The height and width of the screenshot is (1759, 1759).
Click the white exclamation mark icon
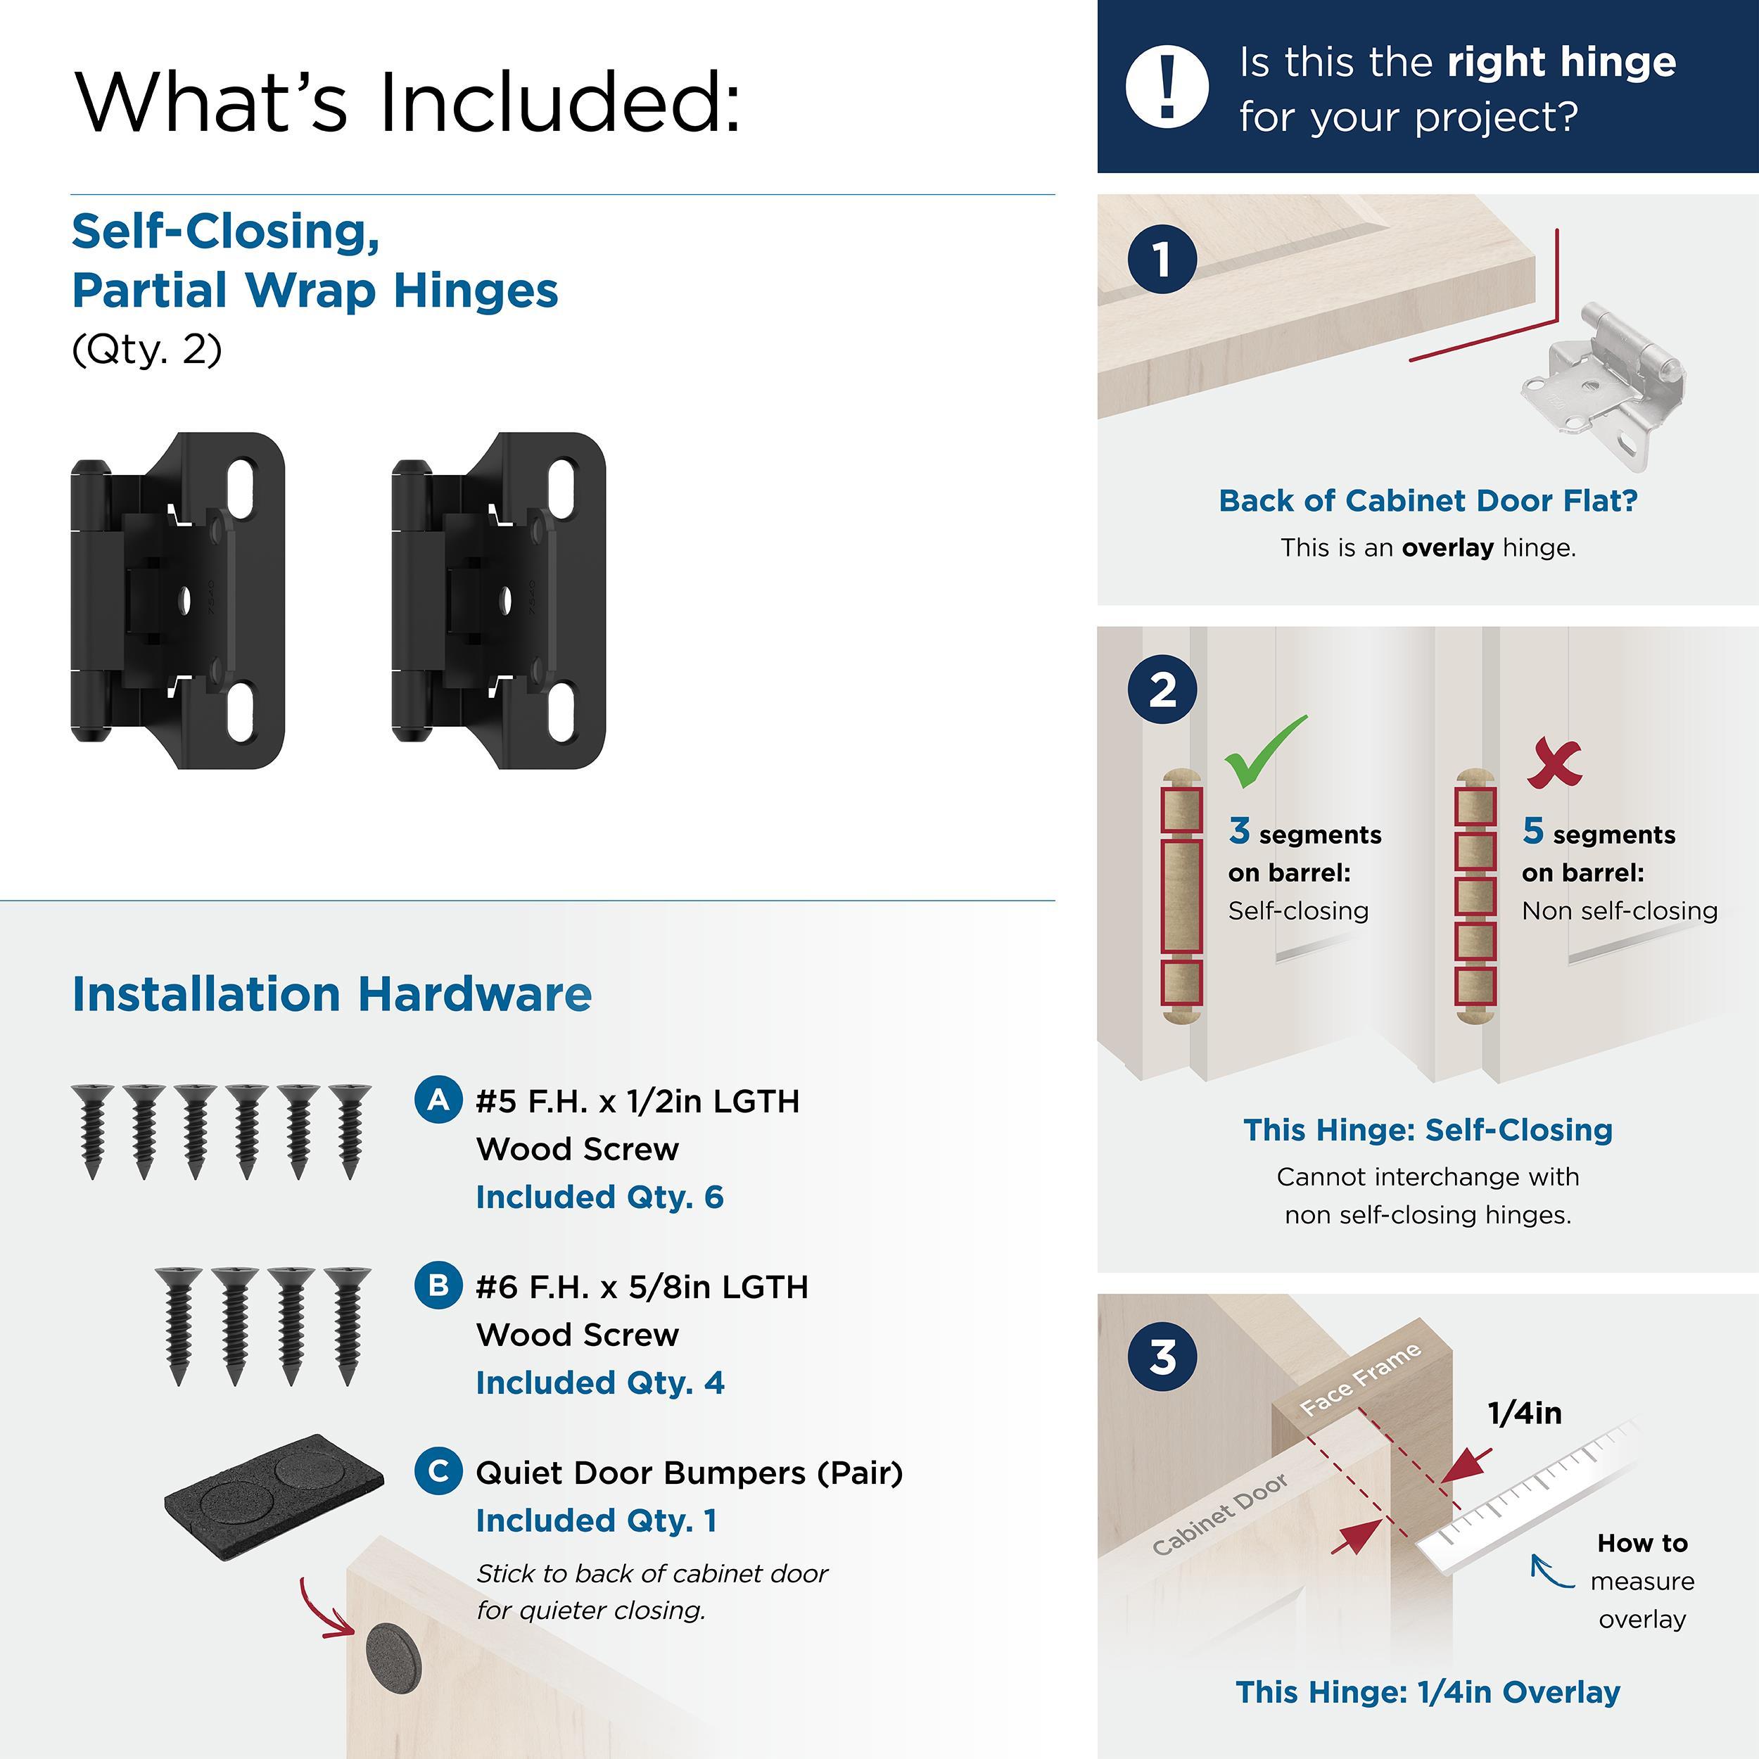coord(1167,87)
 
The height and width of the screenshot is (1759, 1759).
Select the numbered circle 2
coord(1162,690)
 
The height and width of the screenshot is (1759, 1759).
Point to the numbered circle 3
coord(1162,1357)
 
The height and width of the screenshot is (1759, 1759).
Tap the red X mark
coord(1554,763)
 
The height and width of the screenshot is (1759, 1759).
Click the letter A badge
coord(438,1100)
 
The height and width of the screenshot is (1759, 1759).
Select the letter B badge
coord(438,1285)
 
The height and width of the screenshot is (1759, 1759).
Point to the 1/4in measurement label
coord(1524,1413)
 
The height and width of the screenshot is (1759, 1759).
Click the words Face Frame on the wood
coord(1359,1379)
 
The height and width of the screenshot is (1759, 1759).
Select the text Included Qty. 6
coord(599,1198)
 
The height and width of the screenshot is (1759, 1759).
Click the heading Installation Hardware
coord(331,993)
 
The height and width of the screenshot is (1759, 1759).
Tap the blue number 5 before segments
coord(1533,830)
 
